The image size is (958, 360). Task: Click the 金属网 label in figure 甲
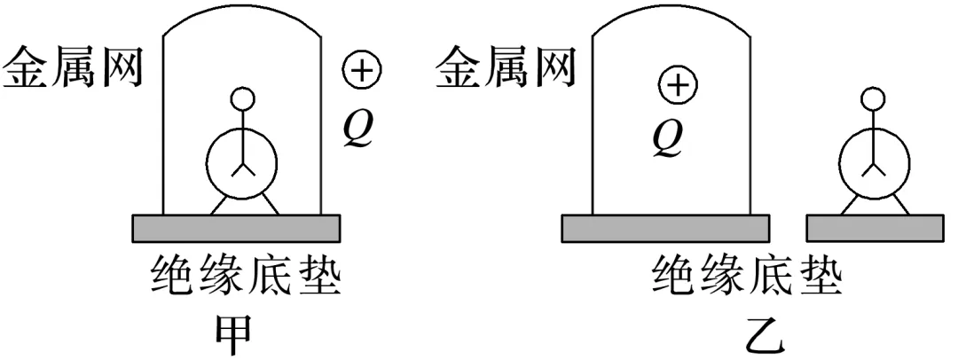point(73,69)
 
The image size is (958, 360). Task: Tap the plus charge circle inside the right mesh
point(678,86)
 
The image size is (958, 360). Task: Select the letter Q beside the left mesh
point(360,129)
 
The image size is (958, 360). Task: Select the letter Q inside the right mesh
point(666,140)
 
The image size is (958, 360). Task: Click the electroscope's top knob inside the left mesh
point(242,98)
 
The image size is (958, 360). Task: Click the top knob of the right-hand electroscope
point(876,98)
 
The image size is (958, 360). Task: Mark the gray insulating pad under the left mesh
point(236,228)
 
